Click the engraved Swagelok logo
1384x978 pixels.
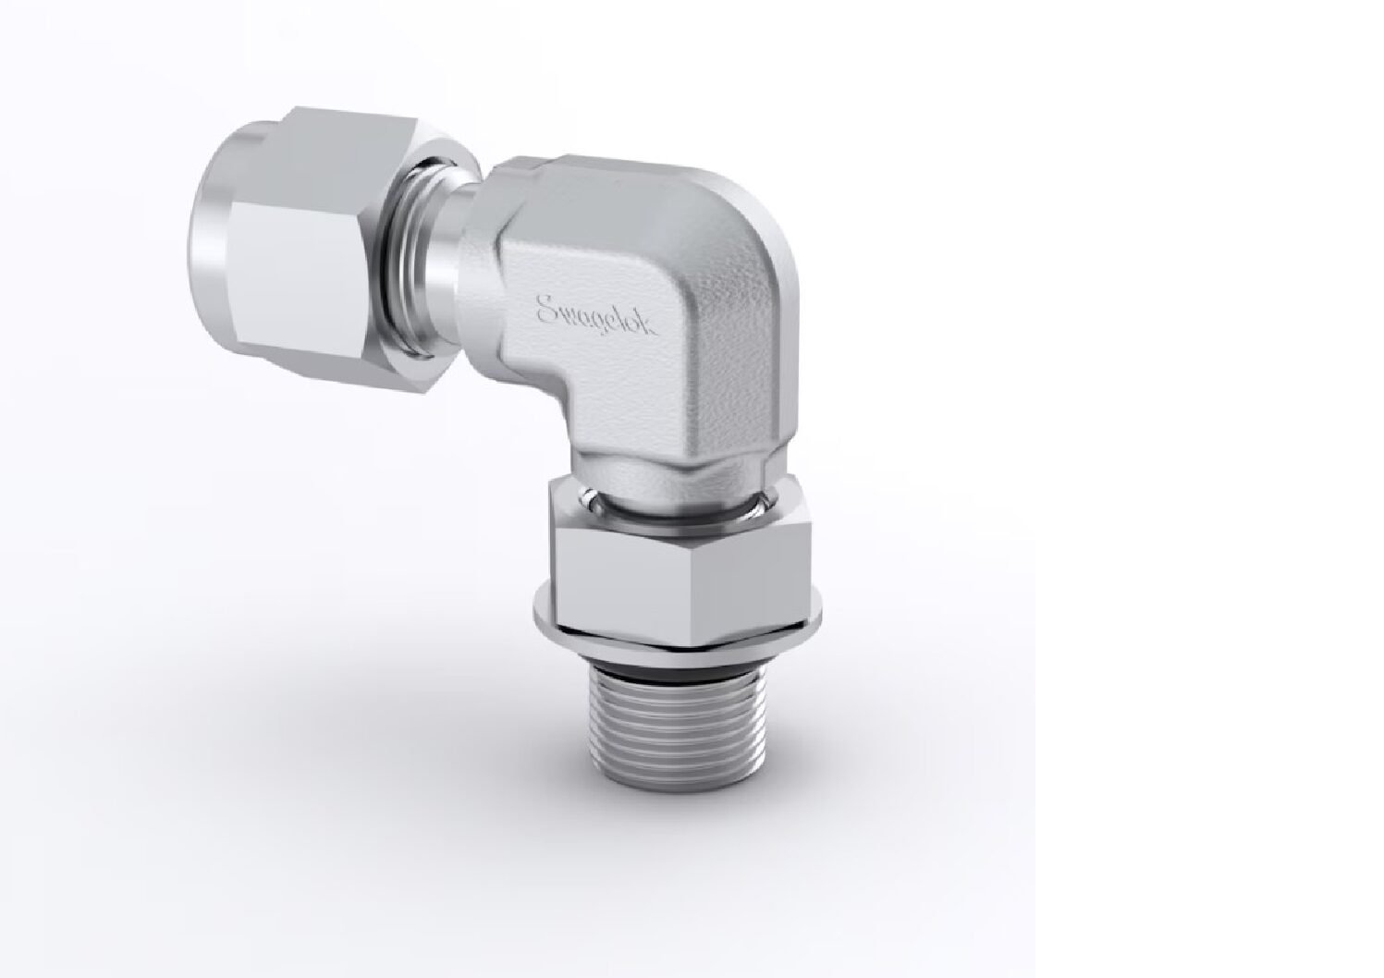(x=597, y=316)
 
